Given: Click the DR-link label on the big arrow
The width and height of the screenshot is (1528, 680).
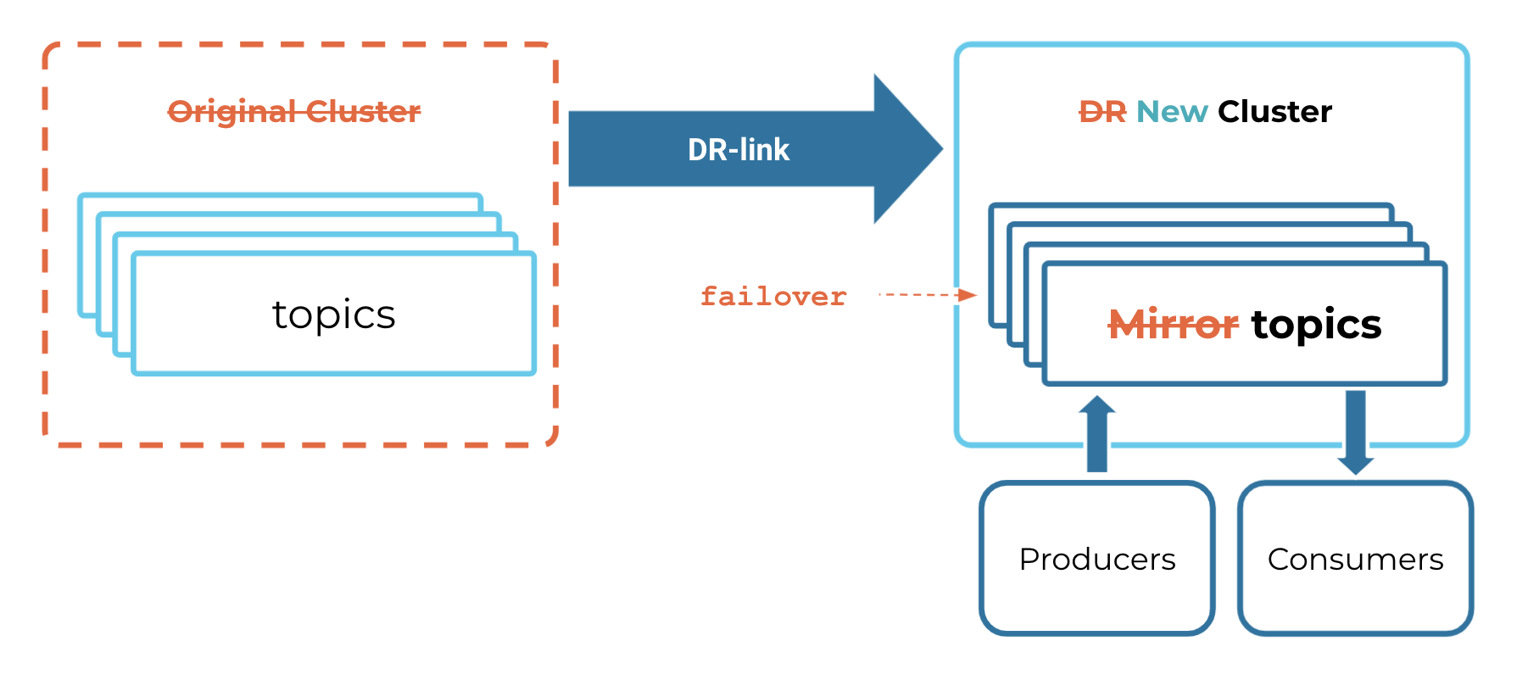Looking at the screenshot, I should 738,150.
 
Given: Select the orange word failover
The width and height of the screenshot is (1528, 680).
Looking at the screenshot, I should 772,296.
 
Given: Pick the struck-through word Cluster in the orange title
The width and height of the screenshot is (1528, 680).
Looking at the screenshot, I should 363,112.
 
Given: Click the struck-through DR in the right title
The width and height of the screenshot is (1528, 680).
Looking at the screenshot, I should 1102,112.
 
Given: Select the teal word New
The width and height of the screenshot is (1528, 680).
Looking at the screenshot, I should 1172,112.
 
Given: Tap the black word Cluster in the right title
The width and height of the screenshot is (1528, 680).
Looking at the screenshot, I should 1274,112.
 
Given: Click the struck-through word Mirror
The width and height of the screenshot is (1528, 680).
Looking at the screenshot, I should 1174,325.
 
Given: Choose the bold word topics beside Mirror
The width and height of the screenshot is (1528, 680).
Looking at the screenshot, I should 1316,325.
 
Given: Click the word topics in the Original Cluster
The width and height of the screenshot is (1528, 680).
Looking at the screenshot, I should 333,315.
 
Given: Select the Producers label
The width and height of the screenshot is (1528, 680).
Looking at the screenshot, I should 1097,560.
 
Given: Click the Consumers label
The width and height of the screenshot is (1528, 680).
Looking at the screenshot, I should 1355,560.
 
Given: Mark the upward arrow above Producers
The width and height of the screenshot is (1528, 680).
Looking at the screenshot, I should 1097,433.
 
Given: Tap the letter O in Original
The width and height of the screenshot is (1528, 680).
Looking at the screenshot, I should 180,112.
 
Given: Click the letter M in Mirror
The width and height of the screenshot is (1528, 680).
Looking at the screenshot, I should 1128,325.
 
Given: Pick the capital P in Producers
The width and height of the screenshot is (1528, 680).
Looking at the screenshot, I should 1029,560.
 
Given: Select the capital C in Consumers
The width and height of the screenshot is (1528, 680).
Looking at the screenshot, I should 1278,560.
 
